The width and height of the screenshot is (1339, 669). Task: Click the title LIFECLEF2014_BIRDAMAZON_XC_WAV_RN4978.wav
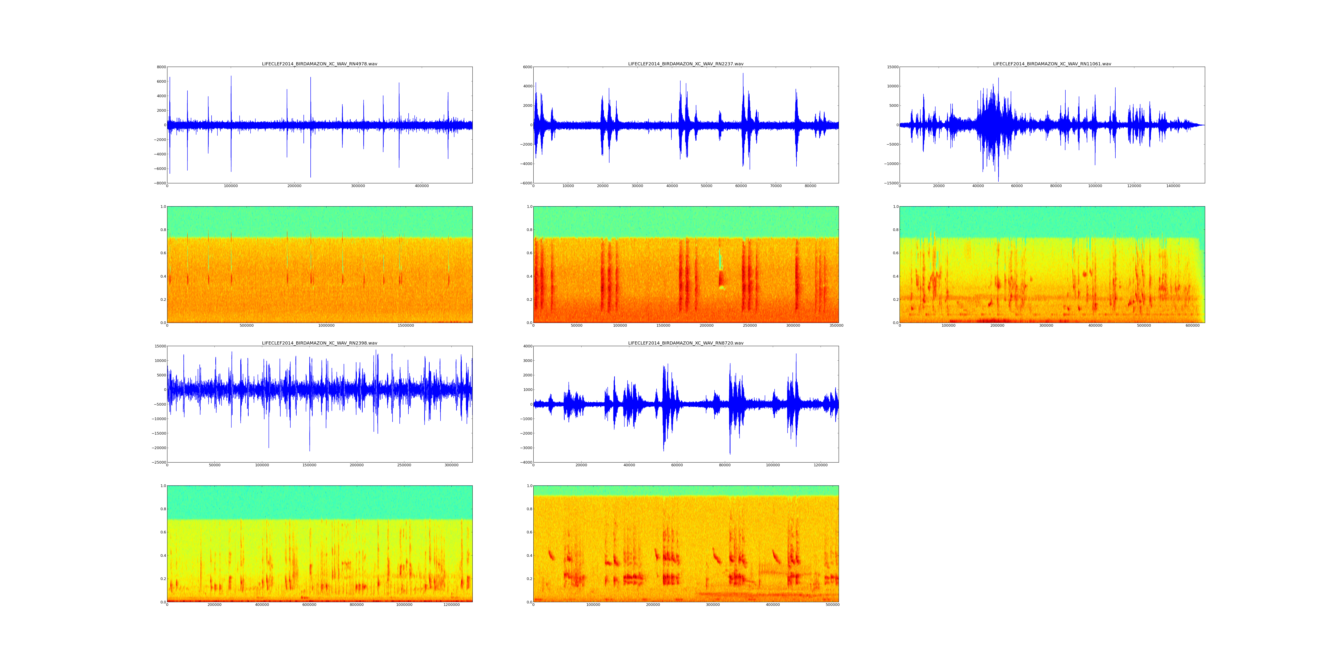pos(319,64)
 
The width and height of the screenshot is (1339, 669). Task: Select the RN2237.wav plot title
pos(686,64)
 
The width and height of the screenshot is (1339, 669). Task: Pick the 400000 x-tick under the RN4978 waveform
pos(422,186)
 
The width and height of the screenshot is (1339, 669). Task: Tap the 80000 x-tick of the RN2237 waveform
pos(810,186)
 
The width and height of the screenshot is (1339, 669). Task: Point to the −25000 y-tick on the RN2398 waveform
pos(158,462)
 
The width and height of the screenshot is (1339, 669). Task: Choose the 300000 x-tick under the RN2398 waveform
pos(452,465)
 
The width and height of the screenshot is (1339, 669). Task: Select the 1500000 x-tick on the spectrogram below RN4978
pos(406,326)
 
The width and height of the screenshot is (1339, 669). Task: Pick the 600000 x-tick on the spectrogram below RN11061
pos(1192,326)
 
